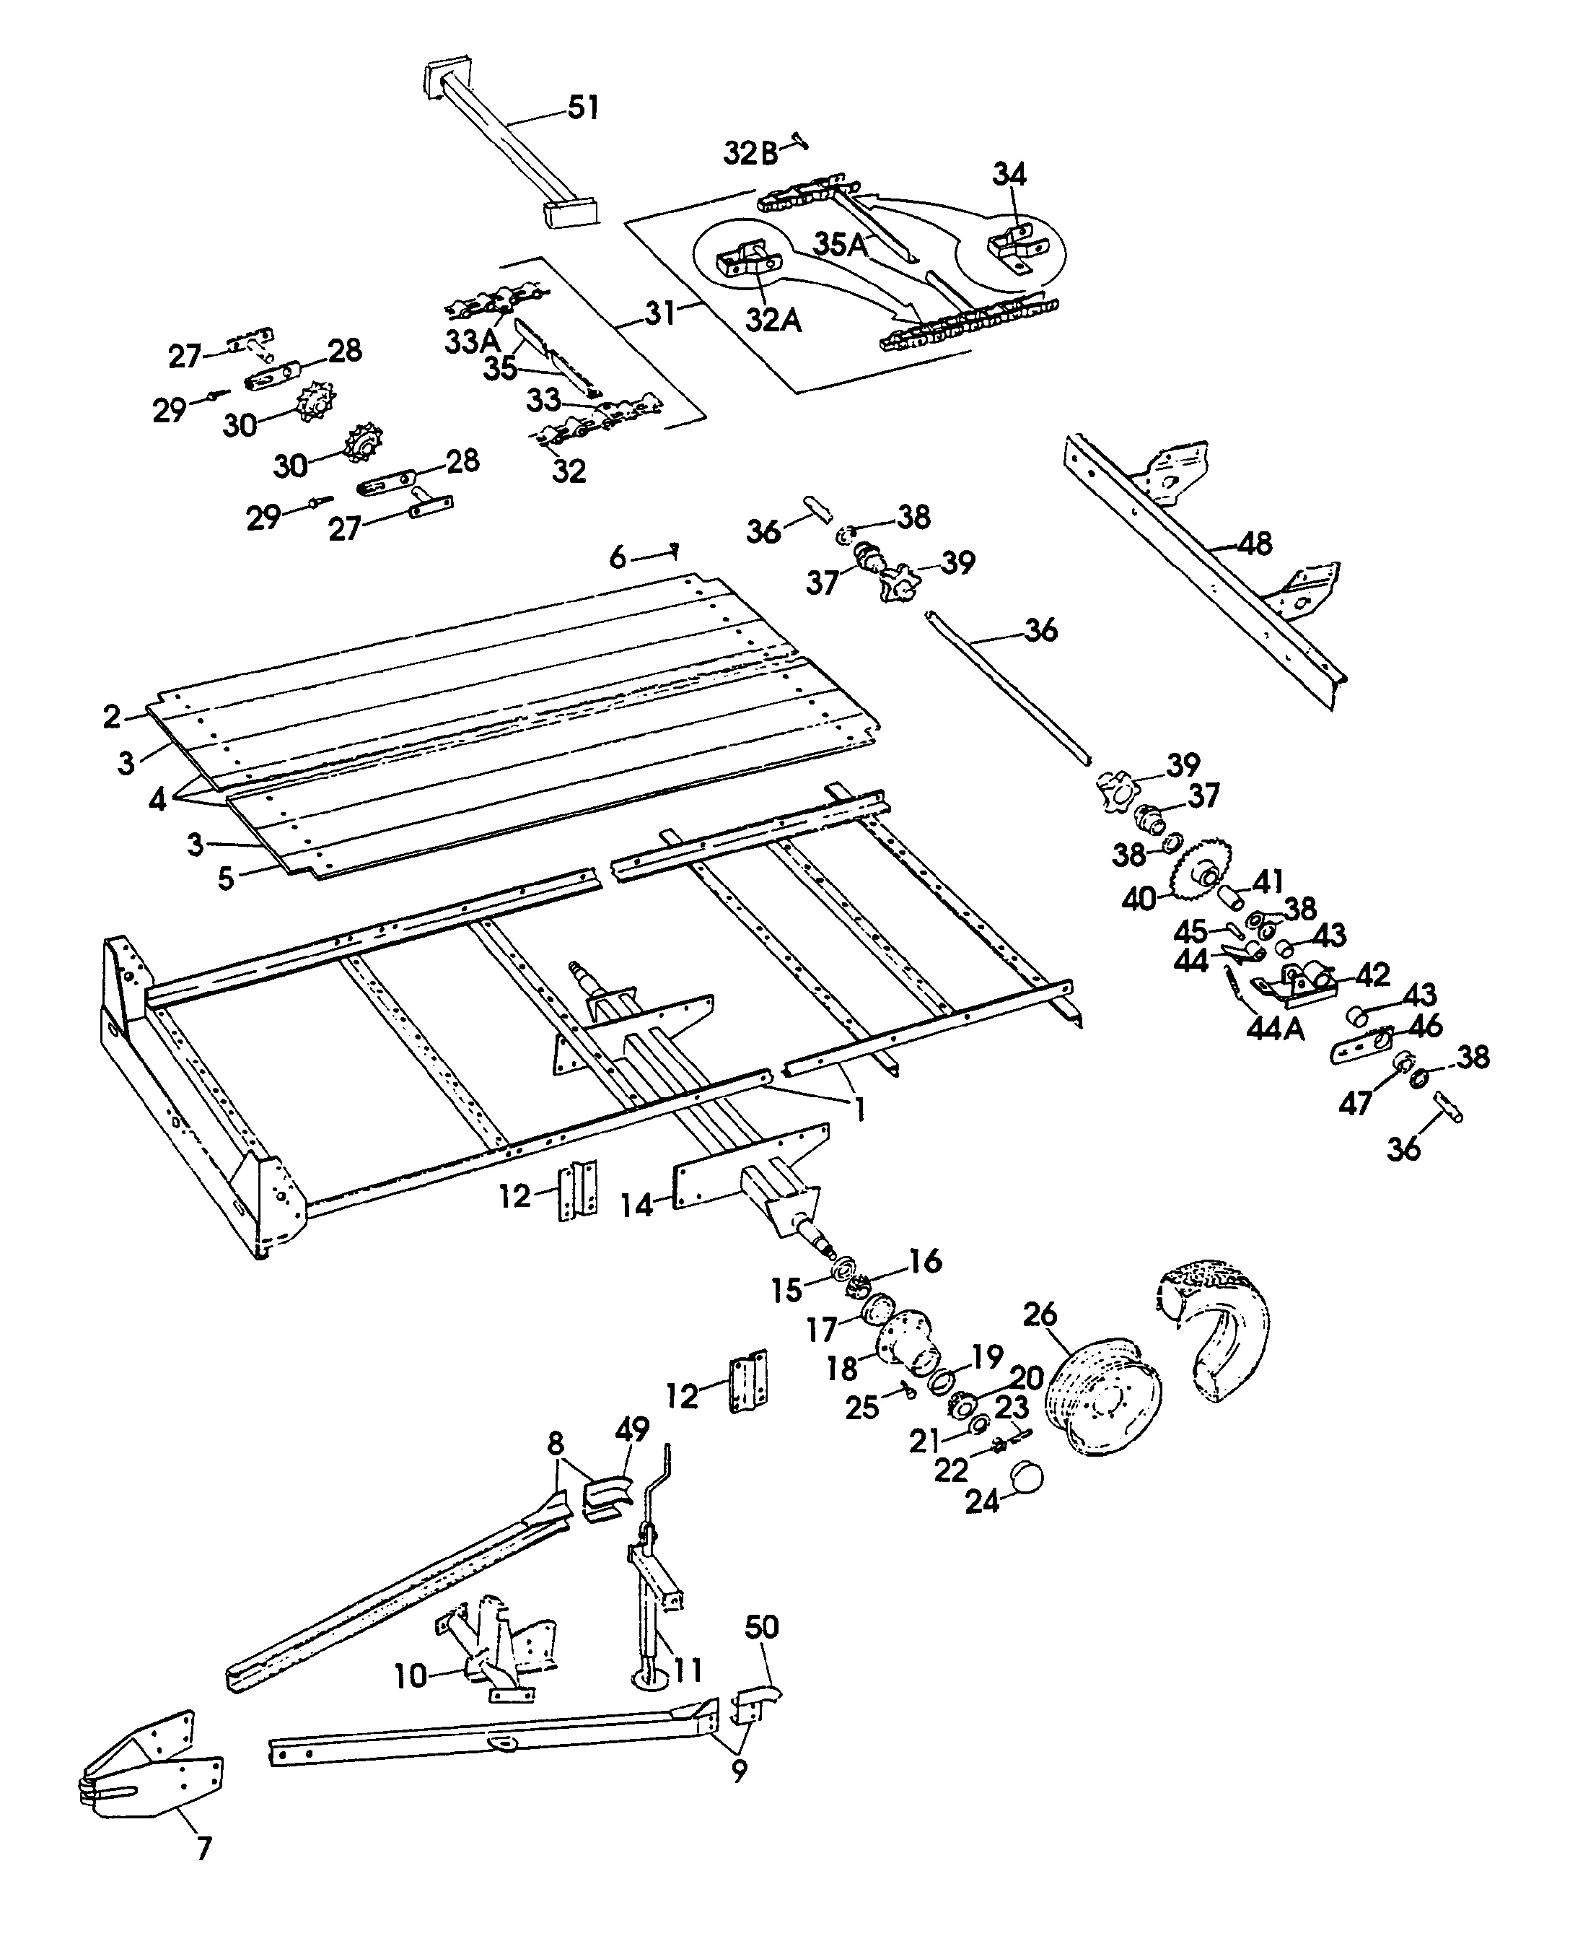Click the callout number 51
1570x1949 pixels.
click(x=583, y=108)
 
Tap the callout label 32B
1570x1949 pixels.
click(x=750, y=154)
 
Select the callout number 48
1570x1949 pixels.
click(x=1255, y=543)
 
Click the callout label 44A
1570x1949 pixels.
click(x=1275, y=1028)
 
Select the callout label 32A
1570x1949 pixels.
click(x=773, y=318)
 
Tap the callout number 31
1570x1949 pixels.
click(x=660, y=313)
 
